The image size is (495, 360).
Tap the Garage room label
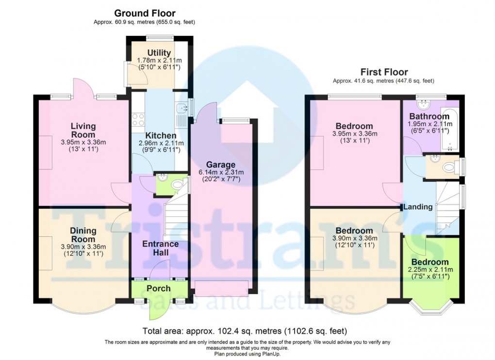(221, 164)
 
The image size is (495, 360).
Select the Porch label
(159, 288)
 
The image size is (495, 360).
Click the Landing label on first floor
(418, 207)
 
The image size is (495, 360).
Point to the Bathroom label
(429, 116)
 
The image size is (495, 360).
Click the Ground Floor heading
(145, 13)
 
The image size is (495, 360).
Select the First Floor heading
(383, 72)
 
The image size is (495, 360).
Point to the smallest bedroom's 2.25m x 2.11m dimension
(429, 270)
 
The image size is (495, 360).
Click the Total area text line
(245, 332)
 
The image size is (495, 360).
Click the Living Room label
(83, 131)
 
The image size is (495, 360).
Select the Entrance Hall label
(161, 248)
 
